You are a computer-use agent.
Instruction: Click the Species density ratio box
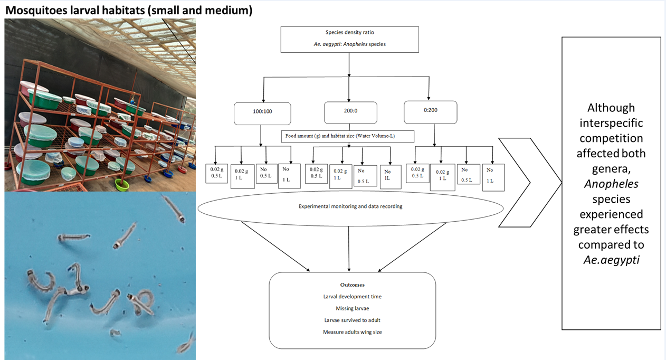point(349,39)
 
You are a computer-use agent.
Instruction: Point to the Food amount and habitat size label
point(348,136)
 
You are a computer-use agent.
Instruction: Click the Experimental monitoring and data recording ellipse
point(350,206)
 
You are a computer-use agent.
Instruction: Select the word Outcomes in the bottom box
point(352,285)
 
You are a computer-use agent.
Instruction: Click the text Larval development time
point(352,297)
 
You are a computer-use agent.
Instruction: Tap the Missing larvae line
point(352,308)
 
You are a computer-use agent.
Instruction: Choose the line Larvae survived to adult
point(352,320)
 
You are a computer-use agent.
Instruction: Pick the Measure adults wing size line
point(352,332)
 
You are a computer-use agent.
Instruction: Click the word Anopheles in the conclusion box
point(611,184)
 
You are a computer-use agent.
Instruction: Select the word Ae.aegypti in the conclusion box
point(611,260)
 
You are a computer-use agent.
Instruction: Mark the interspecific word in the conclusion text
point(611,123)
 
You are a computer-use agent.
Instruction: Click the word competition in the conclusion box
point(611,138)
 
